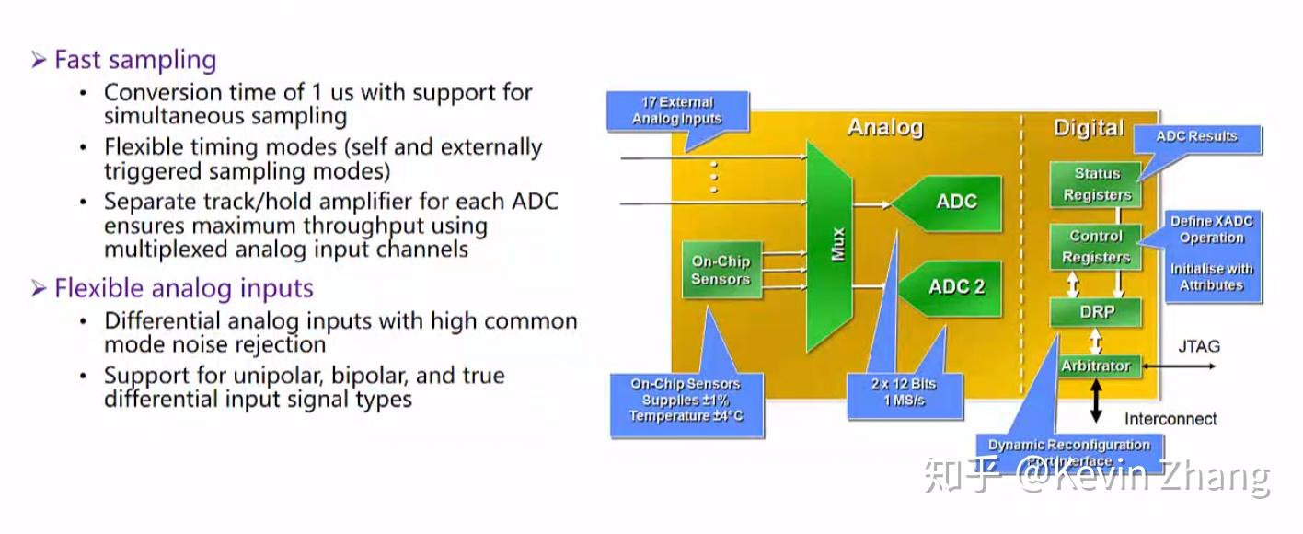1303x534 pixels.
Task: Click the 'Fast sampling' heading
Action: (x=134, y=60)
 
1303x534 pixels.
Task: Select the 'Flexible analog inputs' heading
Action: (x=183, y=288)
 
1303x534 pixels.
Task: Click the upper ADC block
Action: (x=953, y=202)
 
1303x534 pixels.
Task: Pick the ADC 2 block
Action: (x=953, y=286)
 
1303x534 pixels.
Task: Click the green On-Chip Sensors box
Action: (x=721, y=271)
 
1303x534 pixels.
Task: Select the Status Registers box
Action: (x=1096, y=184)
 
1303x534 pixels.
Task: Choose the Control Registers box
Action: (x=1096, y=247)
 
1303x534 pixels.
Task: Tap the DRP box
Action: (x=1096, y=312)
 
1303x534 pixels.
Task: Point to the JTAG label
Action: (x=1199, y=346)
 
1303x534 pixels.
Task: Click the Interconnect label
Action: (x=1170, y=419)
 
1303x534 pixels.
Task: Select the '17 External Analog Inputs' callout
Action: (x=677, y=111)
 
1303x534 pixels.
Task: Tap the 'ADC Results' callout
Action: (x=1196, y=137)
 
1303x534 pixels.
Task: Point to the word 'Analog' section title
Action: (x=884, y=127)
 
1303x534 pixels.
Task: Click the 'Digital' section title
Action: (x=1089, y=128)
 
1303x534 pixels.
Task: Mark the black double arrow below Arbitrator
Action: (x=1095, y=400)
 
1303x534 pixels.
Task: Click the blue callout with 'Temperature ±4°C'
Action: (x=686, y=401)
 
